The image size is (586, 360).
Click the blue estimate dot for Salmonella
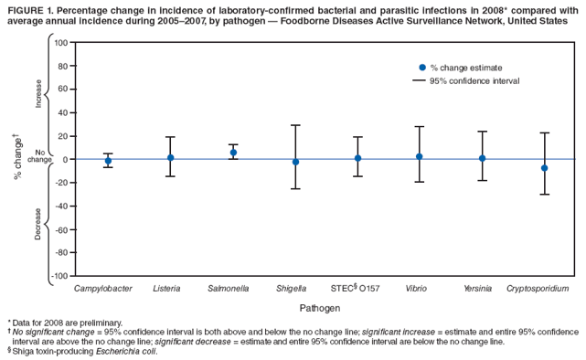(233, 153)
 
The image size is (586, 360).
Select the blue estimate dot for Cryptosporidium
(544, 168)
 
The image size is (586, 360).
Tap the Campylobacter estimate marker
(108, 161)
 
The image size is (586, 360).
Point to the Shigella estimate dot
(295, 162)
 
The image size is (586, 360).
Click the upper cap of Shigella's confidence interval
(295, 125)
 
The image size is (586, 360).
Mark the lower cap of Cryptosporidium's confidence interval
(544, 195)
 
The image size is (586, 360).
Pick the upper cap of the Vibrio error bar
(420, 127)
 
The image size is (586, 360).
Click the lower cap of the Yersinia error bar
(482, 180)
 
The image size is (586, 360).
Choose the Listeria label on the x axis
(166, 289)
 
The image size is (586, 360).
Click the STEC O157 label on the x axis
(355, 289)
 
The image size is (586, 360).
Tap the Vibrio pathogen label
(415, 289)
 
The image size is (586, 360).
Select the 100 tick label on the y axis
(60, 43)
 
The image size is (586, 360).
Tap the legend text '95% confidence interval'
(474, 81)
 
